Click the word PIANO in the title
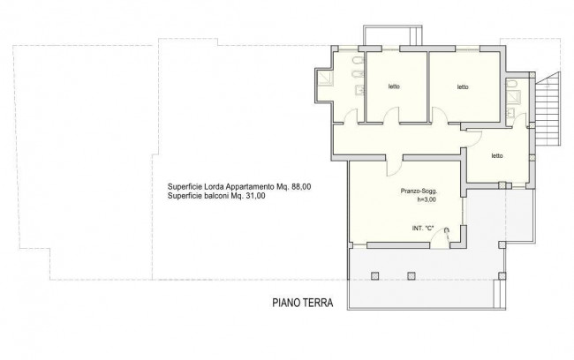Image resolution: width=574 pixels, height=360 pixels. [x=285, y=303]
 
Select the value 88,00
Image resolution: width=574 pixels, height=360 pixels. [x=301, y=186]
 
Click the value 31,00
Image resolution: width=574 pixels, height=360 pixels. [x=255, y=196]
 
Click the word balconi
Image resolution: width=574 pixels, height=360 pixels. [x=216, y=196]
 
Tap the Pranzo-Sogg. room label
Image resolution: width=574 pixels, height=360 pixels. [x=419, y=191]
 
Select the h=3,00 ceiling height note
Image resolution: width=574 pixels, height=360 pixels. [x=427, y=199]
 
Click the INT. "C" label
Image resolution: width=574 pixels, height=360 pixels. [x=423, y=228]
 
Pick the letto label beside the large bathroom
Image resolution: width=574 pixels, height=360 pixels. [x=394, y=86]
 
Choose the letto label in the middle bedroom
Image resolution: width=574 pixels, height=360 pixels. [x=463, y=86]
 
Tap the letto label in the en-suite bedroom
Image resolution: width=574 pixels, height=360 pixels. [x=497, y=155]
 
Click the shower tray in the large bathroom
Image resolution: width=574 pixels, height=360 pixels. [x=326, y=79]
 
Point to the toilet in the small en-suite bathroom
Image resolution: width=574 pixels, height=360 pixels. [x=512, y=84]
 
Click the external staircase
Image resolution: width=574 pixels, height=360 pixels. [x=548, y=109]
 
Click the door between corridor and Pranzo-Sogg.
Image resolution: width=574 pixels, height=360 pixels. [x=394, y=168]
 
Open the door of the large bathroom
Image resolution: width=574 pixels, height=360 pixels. [x=351, y=116]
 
